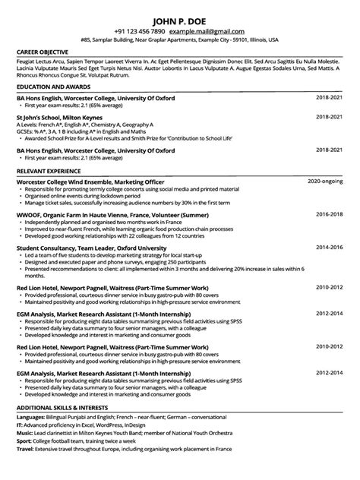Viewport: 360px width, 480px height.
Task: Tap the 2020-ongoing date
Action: (325, 183)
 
